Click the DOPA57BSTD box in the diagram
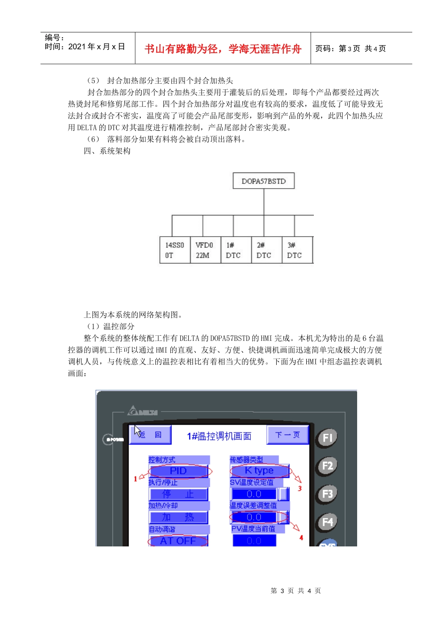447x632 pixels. pos(263,181)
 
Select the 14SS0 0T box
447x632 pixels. pos(175,250)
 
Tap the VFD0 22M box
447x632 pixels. pos(205,250)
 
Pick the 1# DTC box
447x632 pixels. pos(235,250)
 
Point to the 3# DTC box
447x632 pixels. pos(296,250)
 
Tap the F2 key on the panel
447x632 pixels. pos(327,466)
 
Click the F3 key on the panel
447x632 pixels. pos(327,494)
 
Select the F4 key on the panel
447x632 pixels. pos(327,522)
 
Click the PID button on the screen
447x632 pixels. pos(178,471)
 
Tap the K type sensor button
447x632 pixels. pos(259,470)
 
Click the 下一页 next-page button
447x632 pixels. pos(287,435)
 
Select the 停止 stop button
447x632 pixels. pos(178,494)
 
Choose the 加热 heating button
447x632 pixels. pos(178,517)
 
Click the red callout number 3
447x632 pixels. pos(300,489)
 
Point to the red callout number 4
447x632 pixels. pos(301,537)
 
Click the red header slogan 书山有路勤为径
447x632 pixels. pos(223,49)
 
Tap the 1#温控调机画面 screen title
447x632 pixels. pos(219,436)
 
